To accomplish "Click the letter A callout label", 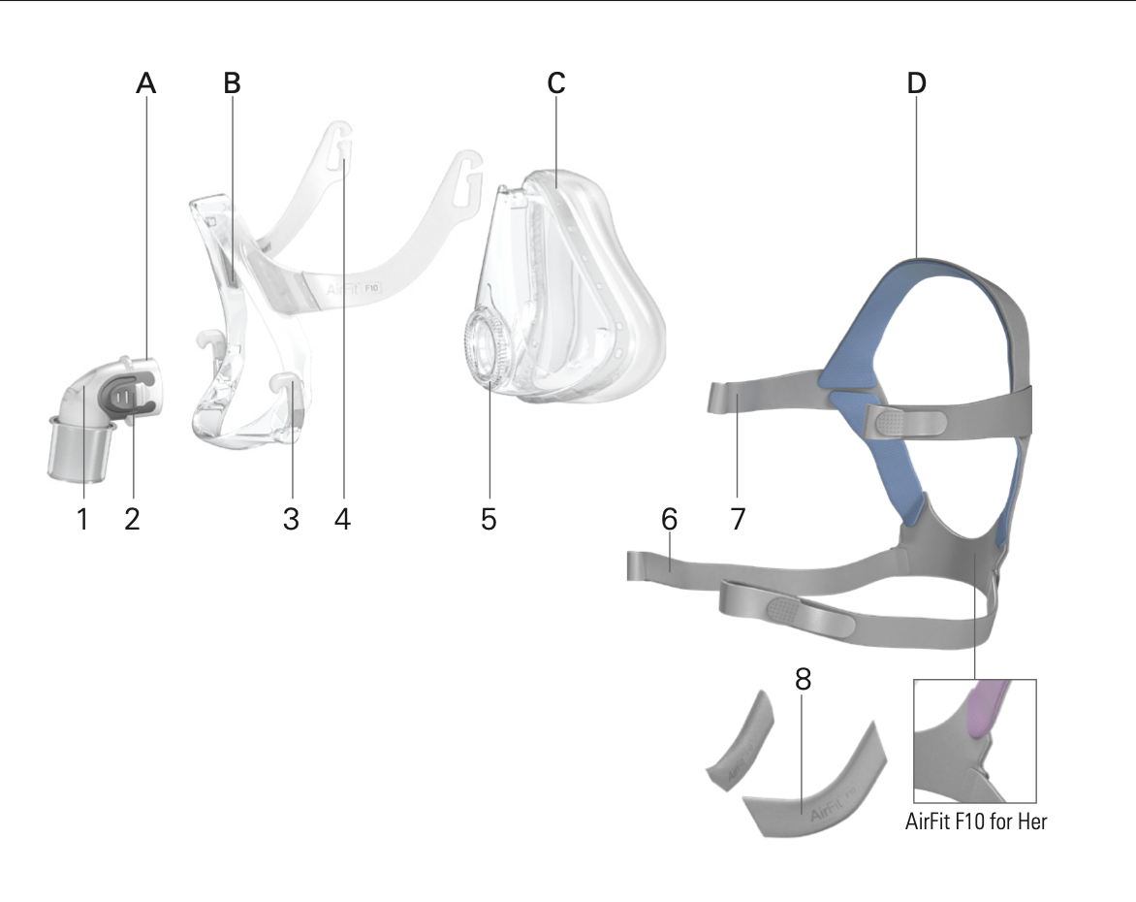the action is click(146, 83).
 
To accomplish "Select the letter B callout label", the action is click(232, 83).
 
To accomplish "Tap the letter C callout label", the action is click(555, 83).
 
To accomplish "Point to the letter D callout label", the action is click(917, 83).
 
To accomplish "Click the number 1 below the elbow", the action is click(82, 519).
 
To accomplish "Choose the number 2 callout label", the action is click(132, 519).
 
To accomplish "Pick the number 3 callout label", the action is click(291, 519).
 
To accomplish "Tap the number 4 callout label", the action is click(343, 519).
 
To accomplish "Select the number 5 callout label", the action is click(489, 519).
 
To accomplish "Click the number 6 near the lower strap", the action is click(669, 519).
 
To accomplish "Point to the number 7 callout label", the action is click(738, 519).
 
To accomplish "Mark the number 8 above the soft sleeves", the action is click(803, 679).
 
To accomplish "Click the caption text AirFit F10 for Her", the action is click(976, 821).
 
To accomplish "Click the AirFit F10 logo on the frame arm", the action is click(353, 289).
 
